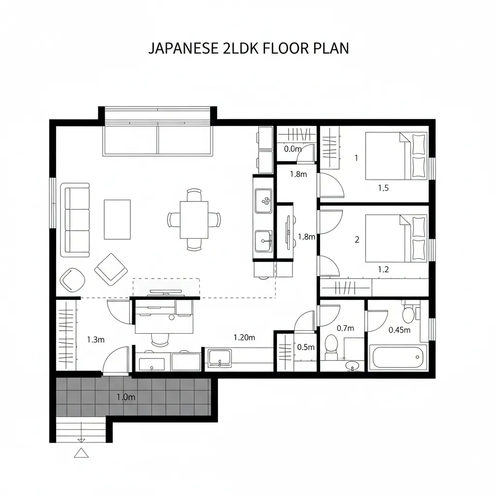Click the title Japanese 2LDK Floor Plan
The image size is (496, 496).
pyautogui.click(x=248, y=48)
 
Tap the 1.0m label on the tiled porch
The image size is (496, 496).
pyautogui.click(x=126, y=397)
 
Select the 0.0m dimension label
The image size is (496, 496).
pyautogui.click(x=293, y=149)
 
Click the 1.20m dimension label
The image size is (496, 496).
pyautogui.click(x=244, y=338)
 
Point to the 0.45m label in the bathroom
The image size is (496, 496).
pyautogui.click(x=400, y=330)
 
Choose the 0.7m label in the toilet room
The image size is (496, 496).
pyautogui.click(x=345, y=328)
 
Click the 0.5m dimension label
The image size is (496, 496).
pyautogui.click(x=306, y=347)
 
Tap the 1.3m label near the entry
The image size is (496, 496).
pyautogui.click(x=95, y=340)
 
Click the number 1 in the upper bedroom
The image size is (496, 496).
pyautogui.click(x=356, y=158)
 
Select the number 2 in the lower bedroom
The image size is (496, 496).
pyautogui.click(x=357, y=240)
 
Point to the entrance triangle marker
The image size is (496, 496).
pyautogui.click(x=81, y=453)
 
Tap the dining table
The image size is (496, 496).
pyautogui.click(x=194, y=220)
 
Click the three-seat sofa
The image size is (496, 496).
pyautogui.click(x=75, y=220)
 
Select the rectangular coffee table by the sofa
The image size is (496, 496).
pyautogui.click(x=117, y=219)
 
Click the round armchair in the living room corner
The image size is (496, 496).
pyautogui.click(x=73, y=280)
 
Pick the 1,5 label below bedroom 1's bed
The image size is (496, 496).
pyautogui.click(x=384, y=188)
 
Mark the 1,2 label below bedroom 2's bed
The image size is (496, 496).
pyautogui.click(x=384, y=269)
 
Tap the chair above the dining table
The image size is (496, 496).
pyautogui.click(x=194, y=194)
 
